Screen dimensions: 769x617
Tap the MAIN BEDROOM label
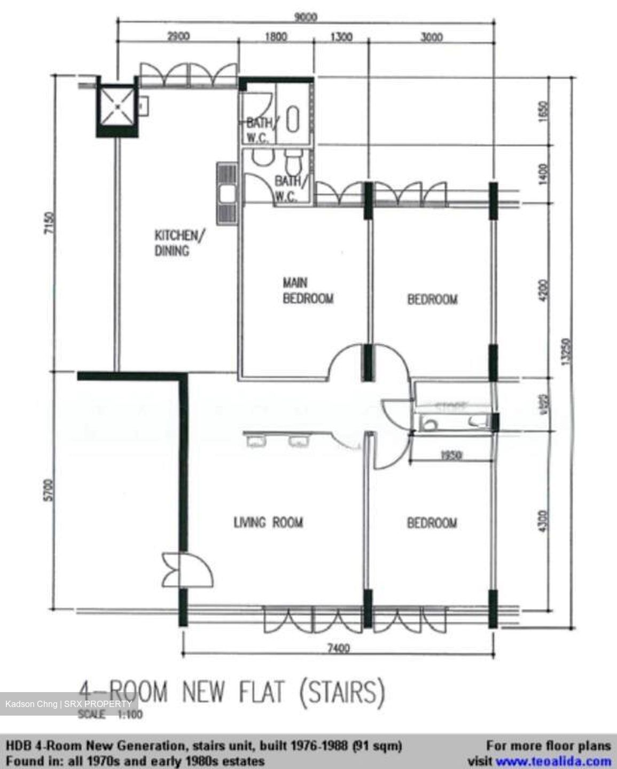point(308,291)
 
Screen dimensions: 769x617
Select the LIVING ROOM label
point(268,522)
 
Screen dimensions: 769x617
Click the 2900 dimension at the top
point(178,37)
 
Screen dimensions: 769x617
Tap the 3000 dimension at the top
point(432,37)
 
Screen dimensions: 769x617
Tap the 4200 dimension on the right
point(544,291)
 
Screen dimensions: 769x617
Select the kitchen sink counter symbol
point(227,194)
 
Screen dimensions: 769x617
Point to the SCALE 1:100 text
point(111,715)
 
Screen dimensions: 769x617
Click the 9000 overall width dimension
point(306,17)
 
